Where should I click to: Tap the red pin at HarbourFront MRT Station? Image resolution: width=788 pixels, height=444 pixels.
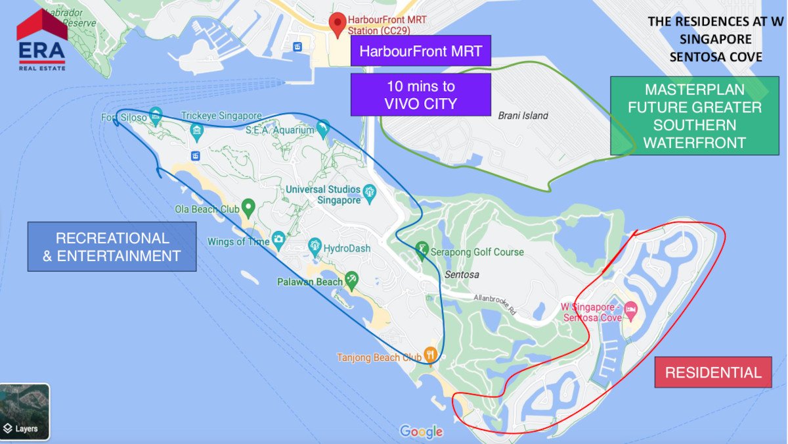click(x=338, y=24)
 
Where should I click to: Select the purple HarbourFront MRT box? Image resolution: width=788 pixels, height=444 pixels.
click(x=420, y=51)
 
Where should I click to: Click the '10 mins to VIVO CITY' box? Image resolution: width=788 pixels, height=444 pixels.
click(x=420, y=95)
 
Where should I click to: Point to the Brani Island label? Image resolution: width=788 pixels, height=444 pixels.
click(x=523, y=116)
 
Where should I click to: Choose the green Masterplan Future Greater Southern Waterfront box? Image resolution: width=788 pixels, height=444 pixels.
click(x=694, y=116)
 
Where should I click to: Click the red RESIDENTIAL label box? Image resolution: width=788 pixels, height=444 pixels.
click(x=712, y=373)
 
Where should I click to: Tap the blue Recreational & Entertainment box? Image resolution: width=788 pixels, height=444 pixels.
click(x=112, y=247)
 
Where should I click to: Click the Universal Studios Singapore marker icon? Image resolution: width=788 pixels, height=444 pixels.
click(x=369, y=191)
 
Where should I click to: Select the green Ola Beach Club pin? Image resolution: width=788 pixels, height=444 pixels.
click(x=248, y=207)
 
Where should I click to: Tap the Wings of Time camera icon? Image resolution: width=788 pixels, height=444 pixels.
click(x=278, y=239)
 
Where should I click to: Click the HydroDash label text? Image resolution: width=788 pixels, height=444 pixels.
click(x=347, y=249)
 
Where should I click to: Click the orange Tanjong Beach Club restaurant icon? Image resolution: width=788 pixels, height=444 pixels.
click(x=430, y=354)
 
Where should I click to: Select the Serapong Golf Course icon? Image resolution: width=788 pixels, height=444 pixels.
click(x=421, y=249)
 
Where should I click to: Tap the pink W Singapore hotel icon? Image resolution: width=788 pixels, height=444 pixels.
click(x=630, y=308)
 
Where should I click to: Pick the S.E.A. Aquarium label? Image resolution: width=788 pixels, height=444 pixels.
click(x=280, y=130)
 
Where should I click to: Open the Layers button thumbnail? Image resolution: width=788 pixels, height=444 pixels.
click(x=24, y=412)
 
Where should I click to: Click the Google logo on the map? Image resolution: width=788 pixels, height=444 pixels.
click(x=421, y=432)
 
